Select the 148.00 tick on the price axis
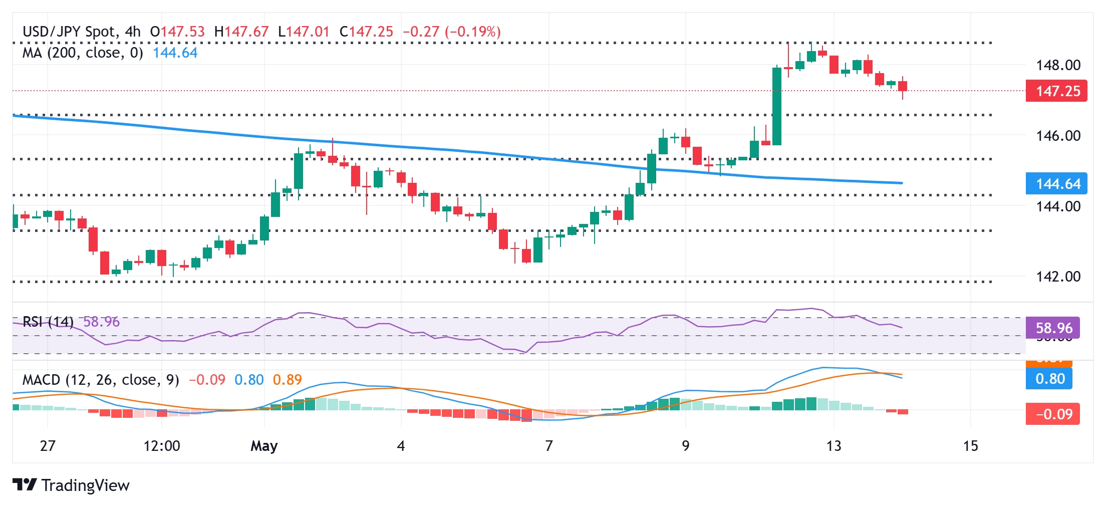[1058, 65]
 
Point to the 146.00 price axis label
[1058, 136]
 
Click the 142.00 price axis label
[1058, 277]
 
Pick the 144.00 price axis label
[1058, 206]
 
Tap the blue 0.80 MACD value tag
[1049, 379]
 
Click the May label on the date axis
[264, 446]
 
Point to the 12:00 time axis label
[161, 446]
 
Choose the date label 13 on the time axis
[834, 446]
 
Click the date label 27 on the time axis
[47, 446]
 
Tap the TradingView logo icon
[24, 485]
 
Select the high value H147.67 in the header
[241, 32]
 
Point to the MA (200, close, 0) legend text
[83, 53]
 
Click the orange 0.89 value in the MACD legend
[287, 380]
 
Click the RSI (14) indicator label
[48, 322]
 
